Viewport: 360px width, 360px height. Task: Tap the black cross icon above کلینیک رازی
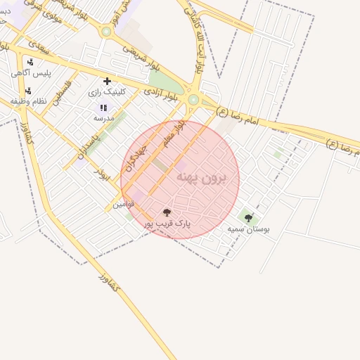pyautogui.click(x=107, y=81)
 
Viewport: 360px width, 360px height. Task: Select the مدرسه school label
pyautogui.click(x=103, y=119)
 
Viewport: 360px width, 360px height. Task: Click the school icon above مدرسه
pyautogui.click(x=103, y=108)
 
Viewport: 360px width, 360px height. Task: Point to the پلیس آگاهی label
pyautogui.click(x=30, y=72)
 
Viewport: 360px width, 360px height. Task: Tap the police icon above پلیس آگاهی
pyautogui.click(x=30, y=62)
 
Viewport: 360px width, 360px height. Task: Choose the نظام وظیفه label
pyautogui.click(x=28, y=101)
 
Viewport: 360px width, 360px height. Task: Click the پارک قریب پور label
pyautogui.click(x=167, y=223)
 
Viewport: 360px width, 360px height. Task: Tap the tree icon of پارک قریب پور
pyautogui.click(x=167, y=212)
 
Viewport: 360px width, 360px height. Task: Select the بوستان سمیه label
pyautogui.click(x=248, y=229)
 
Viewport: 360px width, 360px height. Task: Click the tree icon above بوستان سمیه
pyautogui.click(x=248, y=218)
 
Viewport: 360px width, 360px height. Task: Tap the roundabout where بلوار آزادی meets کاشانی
pyautogui.click(x=193, y=101)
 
